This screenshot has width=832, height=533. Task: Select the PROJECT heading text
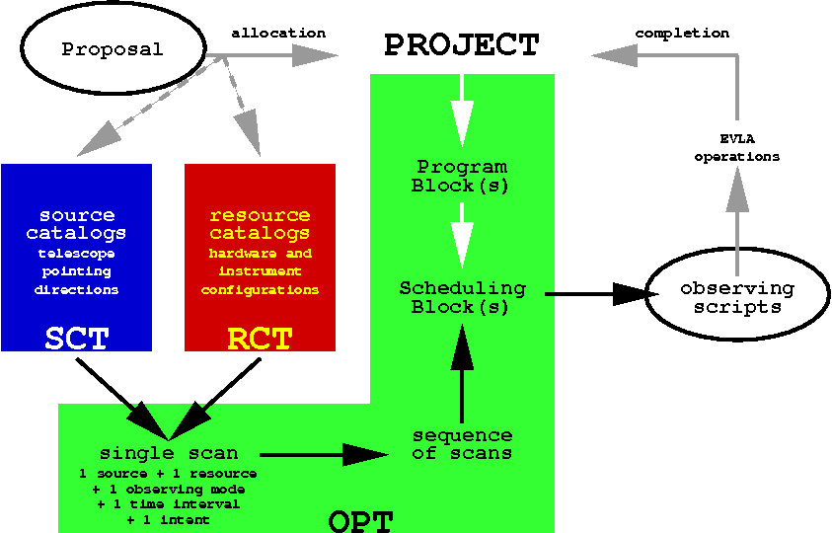pos(461,45)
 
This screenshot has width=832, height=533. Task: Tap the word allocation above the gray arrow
pos(278,33)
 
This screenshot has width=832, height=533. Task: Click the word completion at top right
pos(682,33)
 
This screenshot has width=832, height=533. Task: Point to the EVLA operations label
pos(736,148)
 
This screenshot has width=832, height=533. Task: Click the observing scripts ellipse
pos(736,297)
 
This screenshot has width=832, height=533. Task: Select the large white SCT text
pos(76,339)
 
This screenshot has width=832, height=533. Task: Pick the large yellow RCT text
pos(260,339)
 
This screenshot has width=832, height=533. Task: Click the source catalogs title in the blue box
pos(76,224)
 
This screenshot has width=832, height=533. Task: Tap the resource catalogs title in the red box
pos(260,224)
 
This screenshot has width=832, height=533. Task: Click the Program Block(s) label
pos(461,176)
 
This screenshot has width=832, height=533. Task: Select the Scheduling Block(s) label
pos(461,297)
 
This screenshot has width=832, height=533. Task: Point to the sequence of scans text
pos(462,444)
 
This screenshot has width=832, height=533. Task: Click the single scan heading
pos(169,453)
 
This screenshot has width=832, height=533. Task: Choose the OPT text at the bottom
pos(360,520)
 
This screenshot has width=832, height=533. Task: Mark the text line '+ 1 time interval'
pos(169,504)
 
